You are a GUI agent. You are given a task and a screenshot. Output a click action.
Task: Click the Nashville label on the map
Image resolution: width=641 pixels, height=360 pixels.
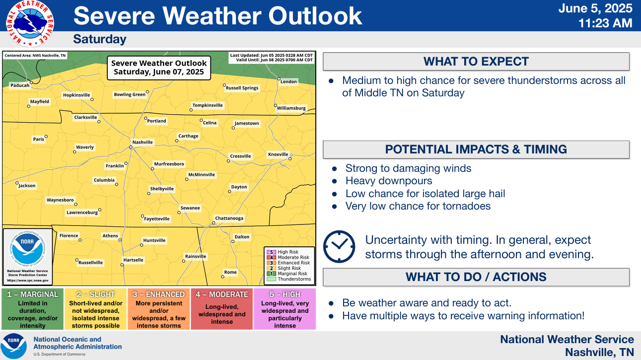click(142, 142)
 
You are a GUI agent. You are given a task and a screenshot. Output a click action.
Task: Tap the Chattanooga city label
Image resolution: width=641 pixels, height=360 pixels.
click(229, 218)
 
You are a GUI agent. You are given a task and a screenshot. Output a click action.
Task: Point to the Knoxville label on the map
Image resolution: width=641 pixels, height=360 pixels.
click(278, 154)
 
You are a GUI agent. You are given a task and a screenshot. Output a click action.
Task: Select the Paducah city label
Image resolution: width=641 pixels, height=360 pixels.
click(20, 85)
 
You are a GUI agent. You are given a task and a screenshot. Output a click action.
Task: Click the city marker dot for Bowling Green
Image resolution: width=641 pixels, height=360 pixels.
click(147, 92)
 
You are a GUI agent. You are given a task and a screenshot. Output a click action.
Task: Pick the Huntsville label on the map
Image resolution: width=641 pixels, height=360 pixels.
click(154, 240)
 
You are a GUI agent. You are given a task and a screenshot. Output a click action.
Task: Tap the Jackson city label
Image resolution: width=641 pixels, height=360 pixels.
click(27, 185)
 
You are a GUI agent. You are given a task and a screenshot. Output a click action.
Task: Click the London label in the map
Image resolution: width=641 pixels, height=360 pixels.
click(288, 81)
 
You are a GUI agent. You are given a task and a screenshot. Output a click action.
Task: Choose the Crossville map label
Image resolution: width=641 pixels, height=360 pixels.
click(240, 156)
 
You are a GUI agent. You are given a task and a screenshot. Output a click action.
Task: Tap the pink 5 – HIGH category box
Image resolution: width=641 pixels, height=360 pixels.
click(285, 309)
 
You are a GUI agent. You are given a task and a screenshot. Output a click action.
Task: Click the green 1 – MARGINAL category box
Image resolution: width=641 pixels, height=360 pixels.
click(33, 309)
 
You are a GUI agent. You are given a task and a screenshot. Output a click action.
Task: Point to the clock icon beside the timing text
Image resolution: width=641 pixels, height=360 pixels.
click(339, 247)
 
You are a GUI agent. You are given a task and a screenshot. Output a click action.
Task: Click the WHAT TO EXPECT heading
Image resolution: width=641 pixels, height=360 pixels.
click(476, 62)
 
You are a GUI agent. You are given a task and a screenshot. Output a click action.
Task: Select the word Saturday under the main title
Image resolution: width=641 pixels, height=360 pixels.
click(100, 39)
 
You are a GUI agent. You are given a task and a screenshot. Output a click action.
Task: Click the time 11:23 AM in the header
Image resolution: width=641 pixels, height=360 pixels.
click(605, 23)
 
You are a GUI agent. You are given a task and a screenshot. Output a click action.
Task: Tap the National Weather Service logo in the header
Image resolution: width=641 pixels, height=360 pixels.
click(30, 23)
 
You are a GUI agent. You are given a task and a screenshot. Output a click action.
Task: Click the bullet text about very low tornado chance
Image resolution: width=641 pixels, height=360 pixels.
click(418, 206)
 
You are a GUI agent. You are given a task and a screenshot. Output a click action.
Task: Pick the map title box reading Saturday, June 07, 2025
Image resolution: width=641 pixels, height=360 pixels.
click(159, 68)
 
